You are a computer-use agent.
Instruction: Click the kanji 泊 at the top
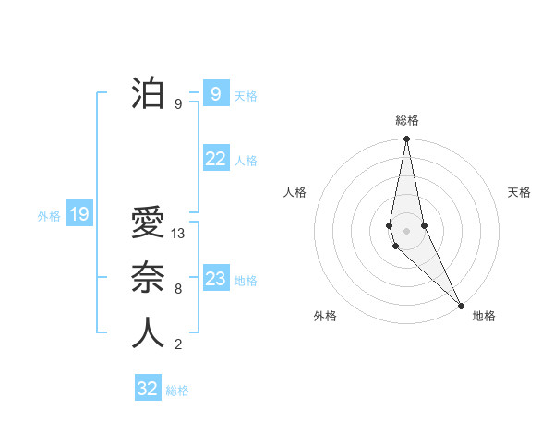click(148, 94)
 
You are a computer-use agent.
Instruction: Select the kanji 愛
click(148, 224)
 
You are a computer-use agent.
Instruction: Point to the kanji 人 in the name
click(148, 332)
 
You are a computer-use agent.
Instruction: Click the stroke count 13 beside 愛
click(179, 234)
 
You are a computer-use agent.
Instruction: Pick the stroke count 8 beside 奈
click(178, 289)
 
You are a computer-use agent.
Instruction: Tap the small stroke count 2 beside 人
click(178, 344)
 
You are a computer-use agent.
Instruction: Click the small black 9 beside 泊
click(178, 104)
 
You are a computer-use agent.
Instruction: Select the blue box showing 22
click(216, 159)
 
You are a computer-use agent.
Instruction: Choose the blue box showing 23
click(216, 279)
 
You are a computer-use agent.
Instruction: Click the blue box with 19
click(79, 215)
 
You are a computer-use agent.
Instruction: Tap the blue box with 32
click(148, 389)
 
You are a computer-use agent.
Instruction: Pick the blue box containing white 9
click(216, 94)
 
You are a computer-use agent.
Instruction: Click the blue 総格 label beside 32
click(177, 391)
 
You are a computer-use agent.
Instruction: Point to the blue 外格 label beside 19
click(49, 216)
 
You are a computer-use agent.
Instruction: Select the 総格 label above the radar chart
click(407, 120)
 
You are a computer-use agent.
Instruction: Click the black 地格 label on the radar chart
click(484, 316)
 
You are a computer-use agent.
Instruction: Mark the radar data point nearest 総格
click(407, 139)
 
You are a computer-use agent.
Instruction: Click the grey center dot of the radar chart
click(407, 230)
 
